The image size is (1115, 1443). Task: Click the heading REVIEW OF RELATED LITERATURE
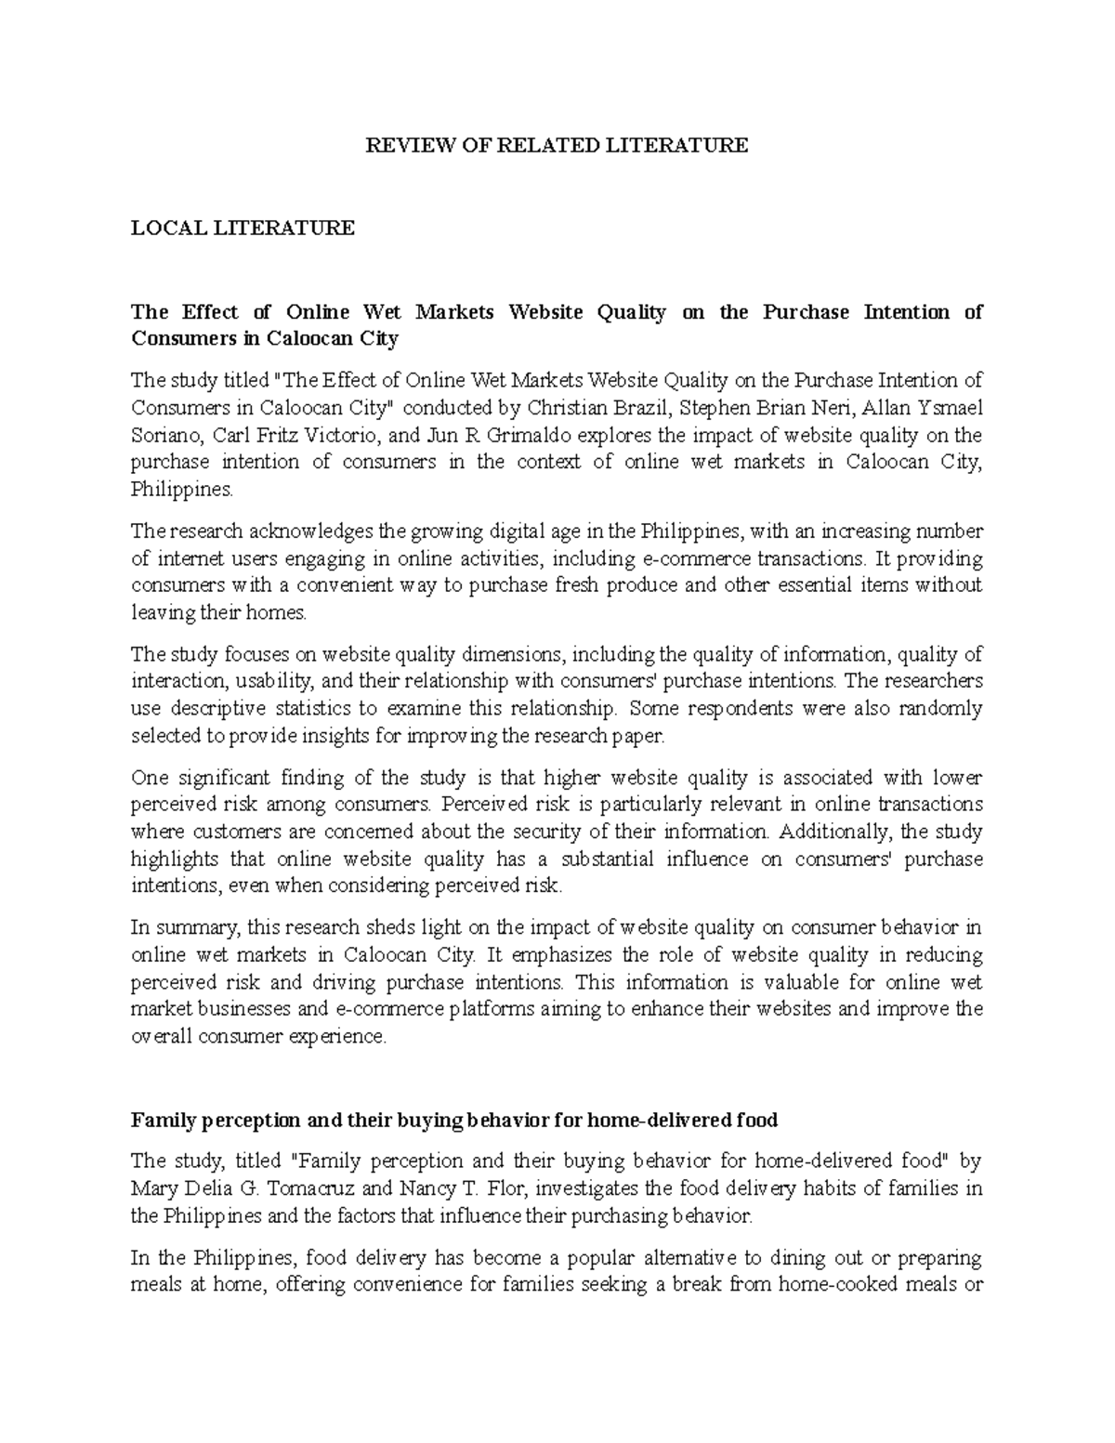[556, 145]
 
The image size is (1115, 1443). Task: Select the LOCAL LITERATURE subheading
[243, 228]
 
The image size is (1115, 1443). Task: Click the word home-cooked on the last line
[829, 1285]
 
